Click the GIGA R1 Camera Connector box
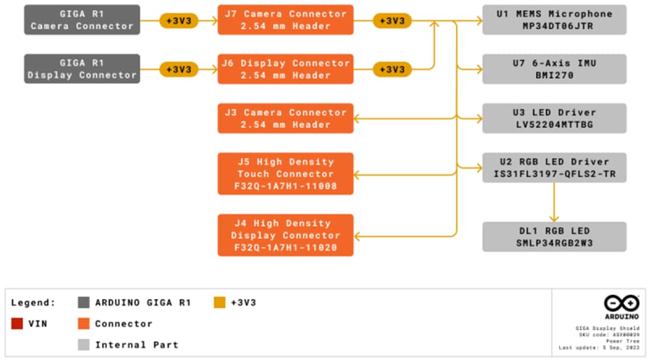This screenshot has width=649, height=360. tap(82, 19)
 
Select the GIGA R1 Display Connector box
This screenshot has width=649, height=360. tap(82, 69)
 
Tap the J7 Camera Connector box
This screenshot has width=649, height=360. tap(286, 19)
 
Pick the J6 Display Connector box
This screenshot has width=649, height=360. tap(286, 69)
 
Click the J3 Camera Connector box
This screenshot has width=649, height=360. tap(286, 118)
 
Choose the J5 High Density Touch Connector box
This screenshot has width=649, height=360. tap(286, 173)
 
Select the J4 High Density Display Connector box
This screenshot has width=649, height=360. tap(286, 235)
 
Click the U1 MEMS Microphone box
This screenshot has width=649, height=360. tap(554, 19)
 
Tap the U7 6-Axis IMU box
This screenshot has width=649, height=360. tap(554, 69)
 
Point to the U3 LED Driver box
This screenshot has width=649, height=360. tap(554, 118)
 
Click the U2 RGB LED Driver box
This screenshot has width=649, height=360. tap(554, 167)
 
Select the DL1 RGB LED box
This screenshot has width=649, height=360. tap(554, 236)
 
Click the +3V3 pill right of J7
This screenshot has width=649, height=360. tap(393, 21)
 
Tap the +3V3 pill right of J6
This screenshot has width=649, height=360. tap(393, 69)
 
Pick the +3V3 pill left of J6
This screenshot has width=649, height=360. tap(179, 69)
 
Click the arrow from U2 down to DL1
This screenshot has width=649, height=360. tap(554, 202)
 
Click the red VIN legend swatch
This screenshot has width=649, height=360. tap(17, 324)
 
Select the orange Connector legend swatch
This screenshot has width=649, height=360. tap(83, 324)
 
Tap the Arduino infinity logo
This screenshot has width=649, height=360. tap(621, 303)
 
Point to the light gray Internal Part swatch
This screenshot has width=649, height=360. tap(83, 344)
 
